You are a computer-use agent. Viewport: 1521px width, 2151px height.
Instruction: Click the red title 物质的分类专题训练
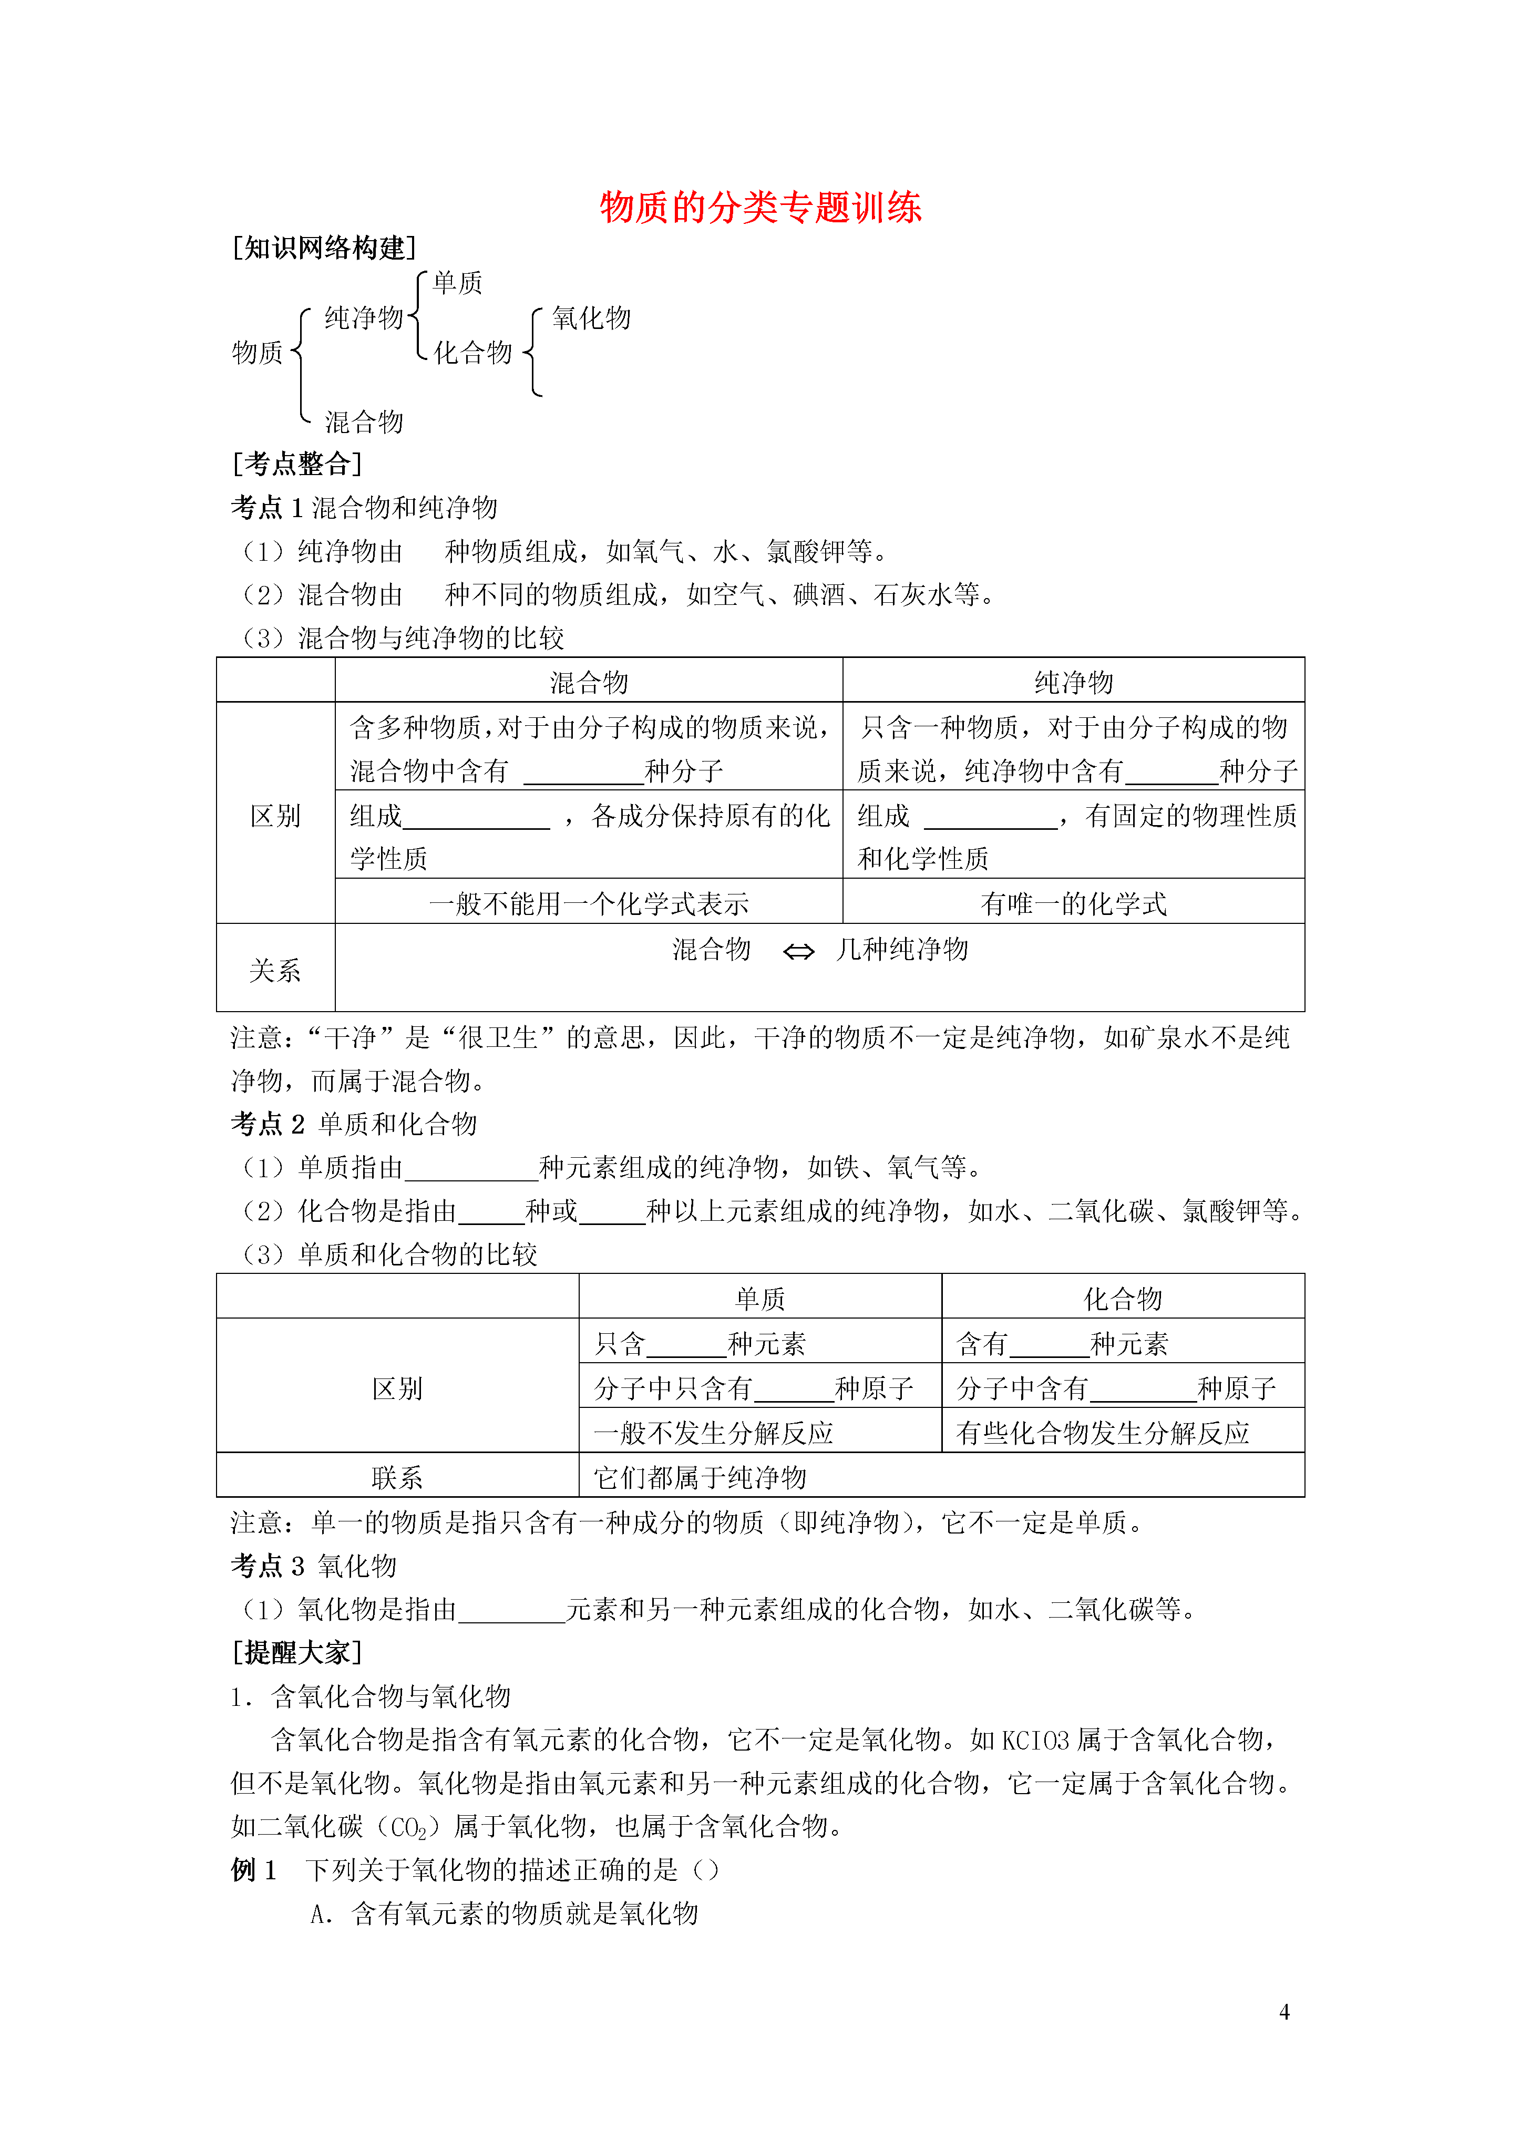(x=760, y=207)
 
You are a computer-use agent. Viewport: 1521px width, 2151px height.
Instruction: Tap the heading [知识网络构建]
(x=323, y=248)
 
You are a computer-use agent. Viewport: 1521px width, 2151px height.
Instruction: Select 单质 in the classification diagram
(x=457, y=283)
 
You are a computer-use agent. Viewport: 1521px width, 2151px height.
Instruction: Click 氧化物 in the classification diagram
(x=591, y=318)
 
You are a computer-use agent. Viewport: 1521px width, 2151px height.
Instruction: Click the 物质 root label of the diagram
(x=258, y=353)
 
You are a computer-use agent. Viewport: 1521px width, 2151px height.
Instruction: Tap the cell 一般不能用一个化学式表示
(x=589, y=904)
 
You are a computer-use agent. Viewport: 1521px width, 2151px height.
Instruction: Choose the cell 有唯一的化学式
(x=1073, y=904)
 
